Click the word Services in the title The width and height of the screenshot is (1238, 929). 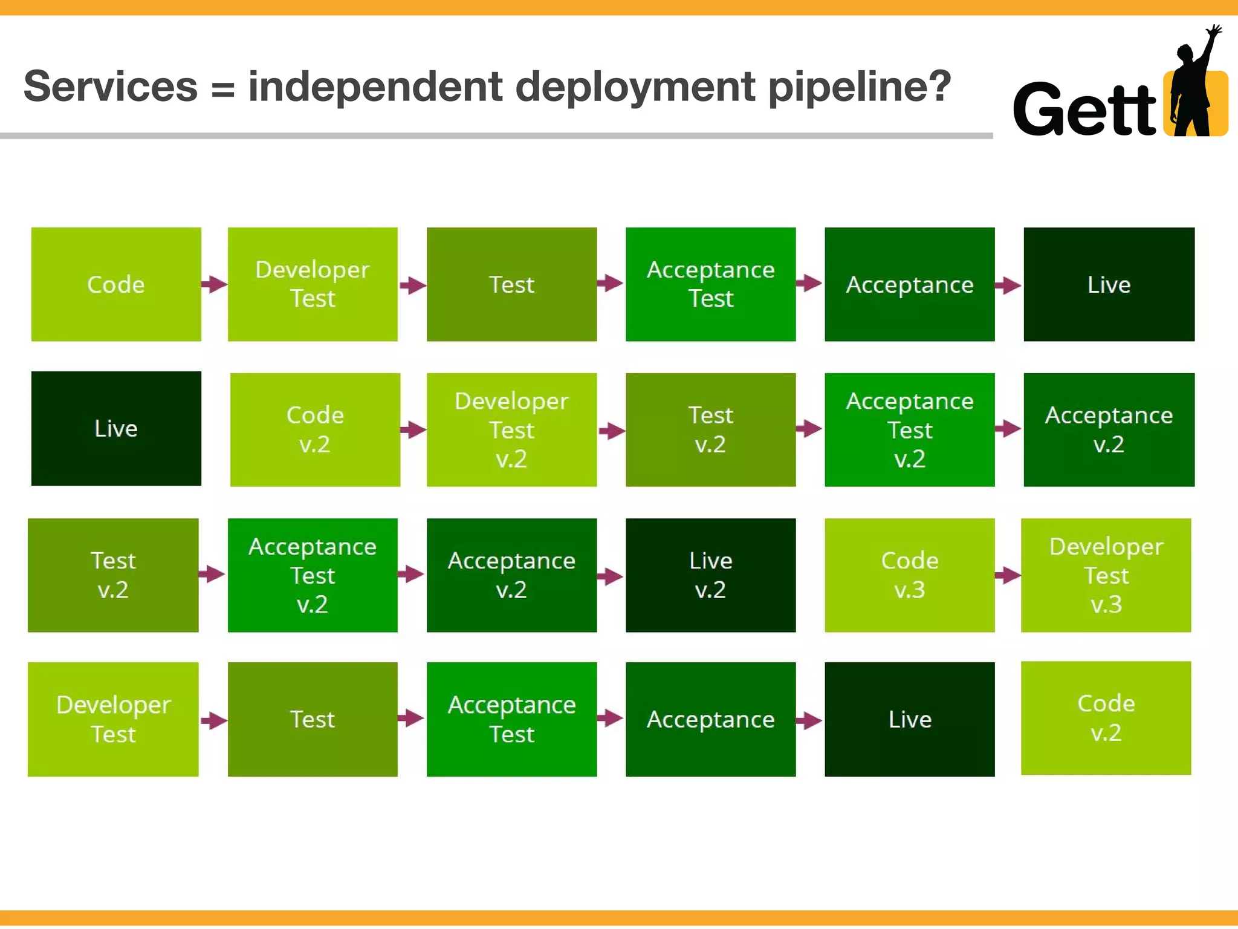click(111, 86)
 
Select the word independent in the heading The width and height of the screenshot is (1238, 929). click(375, 86)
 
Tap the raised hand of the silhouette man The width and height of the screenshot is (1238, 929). click(1213, 31)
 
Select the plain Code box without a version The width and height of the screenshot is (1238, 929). click(116, 284)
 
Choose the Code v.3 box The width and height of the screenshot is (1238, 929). click(909, 575)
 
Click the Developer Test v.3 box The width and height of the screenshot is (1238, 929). click(1106, 575)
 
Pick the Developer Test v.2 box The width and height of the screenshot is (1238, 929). click(511, 429)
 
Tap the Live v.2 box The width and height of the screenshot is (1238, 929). click(710, 575)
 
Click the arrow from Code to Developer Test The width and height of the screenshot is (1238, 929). click(214, 284)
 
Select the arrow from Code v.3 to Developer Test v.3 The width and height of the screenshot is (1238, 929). click(1008, 575)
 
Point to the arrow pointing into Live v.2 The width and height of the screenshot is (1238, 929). click(611, 576)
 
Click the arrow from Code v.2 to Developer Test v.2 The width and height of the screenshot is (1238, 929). click(413, 430)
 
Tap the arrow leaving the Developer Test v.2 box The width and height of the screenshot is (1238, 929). click(612, 431)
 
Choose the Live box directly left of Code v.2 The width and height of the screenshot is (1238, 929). click(116, 428)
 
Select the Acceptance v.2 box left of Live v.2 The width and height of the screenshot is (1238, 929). click(511, 575)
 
